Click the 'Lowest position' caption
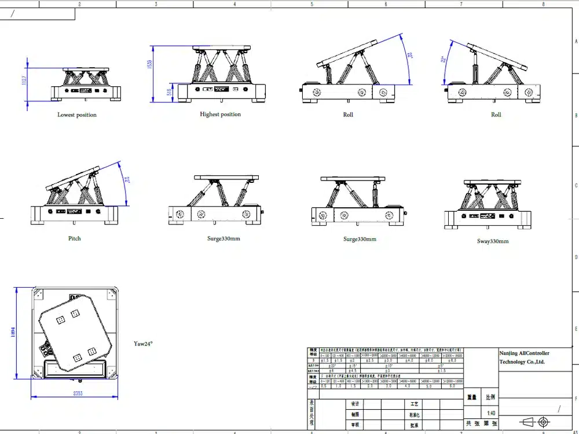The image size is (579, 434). (x=77, y=115)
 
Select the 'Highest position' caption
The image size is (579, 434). (x=220, y=114)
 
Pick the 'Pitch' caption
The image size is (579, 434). (x=75, y=238)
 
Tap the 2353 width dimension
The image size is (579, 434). (x=74, y=393)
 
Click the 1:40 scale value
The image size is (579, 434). (x=491, y=413)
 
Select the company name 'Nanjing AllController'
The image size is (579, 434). (x=524, y=353)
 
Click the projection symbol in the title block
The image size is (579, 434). (x=536, y=422)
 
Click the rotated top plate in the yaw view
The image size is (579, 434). (x=73, y=333)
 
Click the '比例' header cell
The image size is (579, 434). (x=490, y=398)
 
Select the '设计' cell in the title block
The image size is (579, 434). (x=355, y=403)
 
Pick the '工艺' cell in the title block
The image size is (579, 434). (x=414, y=403)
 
